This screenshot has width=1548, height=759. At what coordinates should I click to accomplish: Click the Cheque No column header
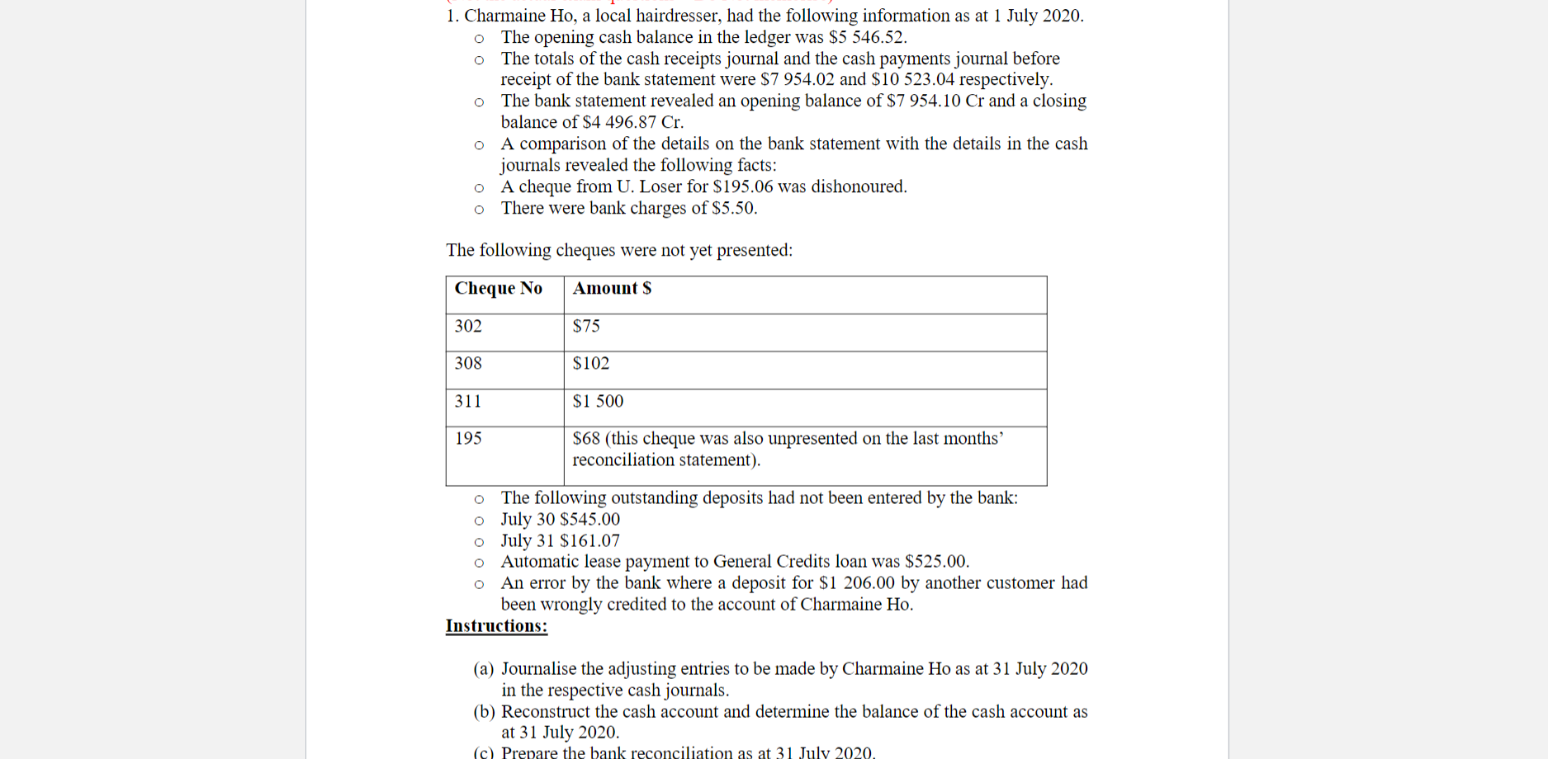coord(498,288)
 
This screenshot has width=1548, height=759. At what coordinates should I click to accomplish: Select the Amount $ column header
coord(612,288)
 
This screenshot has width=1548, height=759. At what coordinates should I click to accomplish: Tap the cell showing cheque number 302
coord(468,326)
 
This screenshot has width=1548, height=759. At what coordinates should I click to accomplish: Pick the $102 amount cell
coord(591,363)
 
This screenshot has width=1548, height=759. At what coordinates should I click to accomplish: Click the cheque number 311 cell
coord(468,401)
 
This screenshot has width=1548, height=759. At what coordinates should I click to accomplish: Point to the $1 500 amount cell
coord(598,401)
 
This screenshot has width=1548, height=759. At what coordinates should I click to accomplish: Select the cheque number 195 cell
coord(468,438)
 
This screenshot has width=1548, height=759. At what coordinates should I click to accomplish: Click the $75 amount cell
coord(586,326)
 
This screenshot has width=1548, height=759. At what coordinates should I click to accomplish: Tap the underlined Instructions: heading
coord(496,626)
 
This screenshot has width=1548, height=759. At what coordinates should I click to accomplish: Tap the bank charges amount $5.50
coord(734,208)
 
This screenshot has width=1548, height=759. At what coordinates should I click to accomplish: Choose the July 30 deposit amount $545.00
coord(589,519)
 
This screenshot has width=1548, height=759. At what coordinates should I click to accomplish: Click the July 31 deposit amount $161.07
coord(589,540)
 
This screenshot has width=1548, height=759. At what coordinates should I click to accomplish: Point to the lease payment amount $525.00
coord(936,562)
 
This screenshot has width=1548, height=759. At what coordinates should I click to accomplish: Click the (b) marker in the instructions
coord(484,712)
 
